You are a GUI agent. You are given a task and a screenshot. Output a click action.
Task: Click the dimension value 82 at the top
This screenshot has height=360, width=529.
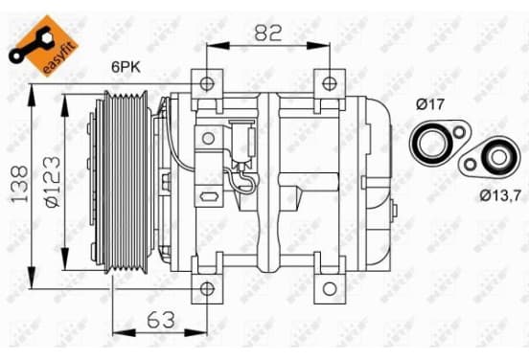pos(268,33)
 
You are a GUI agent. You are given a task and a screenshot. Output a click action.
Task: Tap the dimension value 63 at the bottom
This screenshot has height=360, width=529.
pos(161,320)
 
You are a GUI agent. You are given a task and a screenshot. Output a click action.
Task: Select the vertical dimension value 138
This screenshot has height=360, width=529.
pos(19,185)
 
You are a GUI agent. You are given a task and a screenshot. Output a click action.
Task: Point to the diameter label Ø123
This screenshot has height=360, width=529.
pos(53,182)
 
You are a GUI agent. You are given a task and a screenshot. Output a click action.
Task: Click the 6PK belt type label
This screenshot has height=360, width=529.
pos(126,67)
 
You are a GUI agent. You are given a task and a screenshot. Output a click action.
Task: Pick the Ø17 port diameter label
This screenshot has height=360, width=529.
pos(430,104)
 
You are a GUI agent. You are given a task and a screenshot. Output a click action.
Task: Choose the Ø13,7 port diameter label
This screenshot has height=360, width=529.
pos(500,195)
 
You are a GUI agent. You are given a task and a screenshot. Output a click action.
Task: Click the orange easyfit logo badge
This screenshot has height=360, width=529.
pos(43,45)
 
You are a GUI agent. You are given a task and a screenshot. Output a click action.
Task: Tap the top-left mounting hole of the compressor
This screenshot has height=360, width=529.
pos(207,83)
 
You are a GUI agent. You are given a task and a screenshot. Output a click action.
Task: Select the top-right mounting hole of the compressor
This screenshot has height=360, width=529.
pos(330,83)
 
